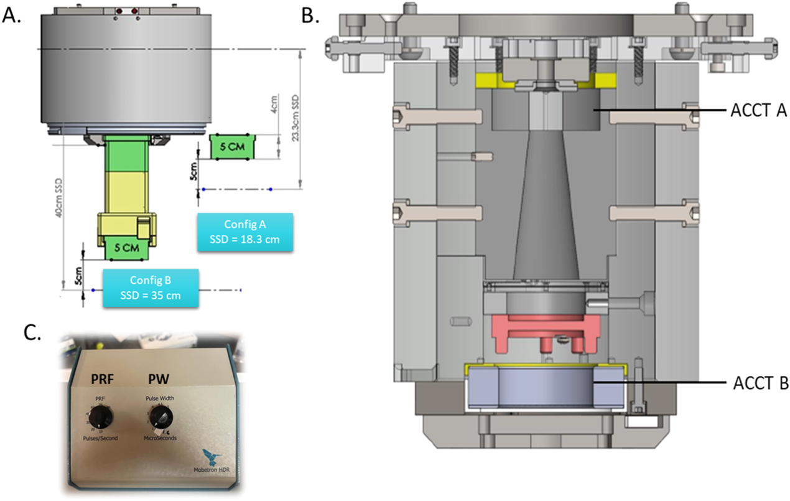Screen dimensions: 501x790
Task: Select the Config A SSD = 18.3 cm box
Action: [x=244, y=232]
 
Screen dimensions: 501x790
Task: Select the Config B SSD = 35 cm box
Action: [x=150, y=288]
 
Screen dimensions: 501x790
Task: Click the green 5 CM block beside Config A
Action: [x=231, y=147]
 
